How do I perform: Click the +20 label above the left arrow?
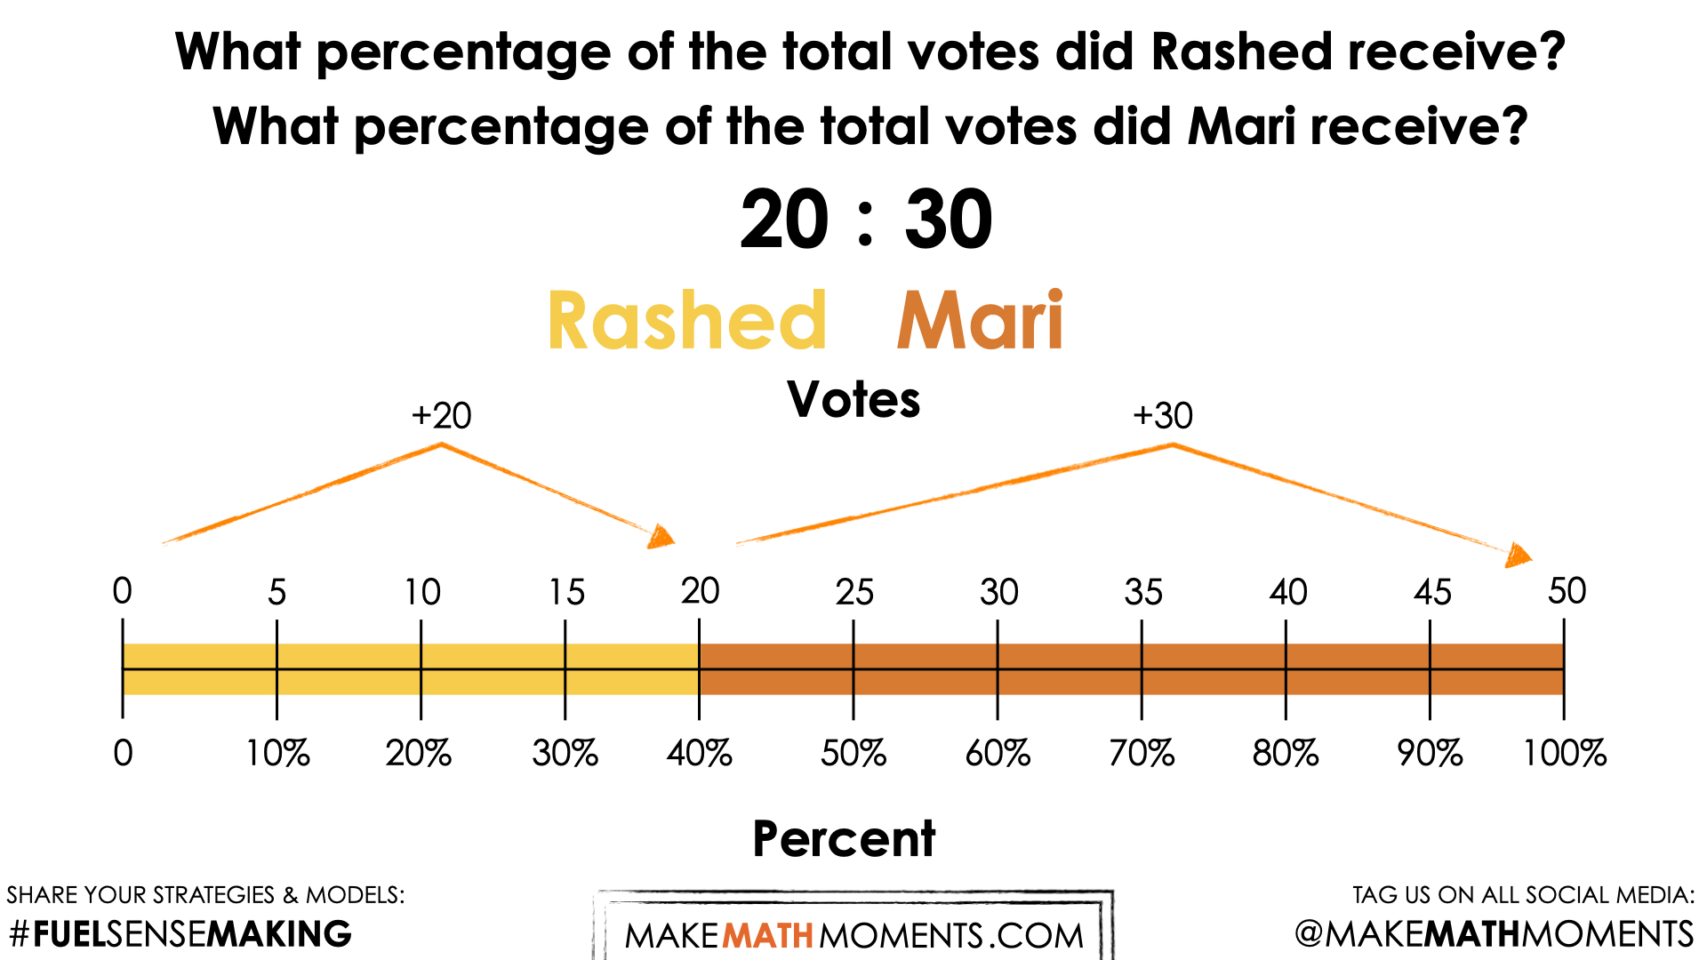[x=442, y=416]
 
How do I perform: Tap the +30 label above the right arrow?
[x=1163, y=416]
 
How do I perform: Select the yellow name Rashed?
[x=687, y=321]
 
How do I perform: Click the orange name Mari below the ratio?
[x=980, y=321]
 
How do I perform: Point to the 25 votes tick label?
[x=854, y=593]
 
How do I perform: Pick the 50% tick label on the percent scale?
[x=853, y=754]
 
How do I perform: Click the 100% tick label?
[x=1565, y=754]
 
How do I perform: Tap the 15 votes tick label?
[x=566, y=593]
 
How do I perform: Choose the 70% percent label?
[x=1142, y=754]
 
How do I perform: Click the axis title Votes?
[x=853, y=400]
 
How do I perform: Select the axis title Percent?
[x=844, y=839]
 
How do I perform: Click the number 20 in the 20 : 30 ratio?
[x=784, y=220]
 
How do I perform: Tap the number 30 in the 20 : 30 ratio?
[x=948, y=220]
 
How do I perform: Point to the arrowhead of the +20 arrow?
[x=661, y=536]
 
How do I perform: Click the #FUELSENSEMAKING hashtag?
[x=180, y=934]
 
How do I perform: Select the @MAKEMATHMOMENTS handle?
[x=1494, y=934]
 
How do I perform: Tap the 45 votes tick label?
[x=1432, y=593]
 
